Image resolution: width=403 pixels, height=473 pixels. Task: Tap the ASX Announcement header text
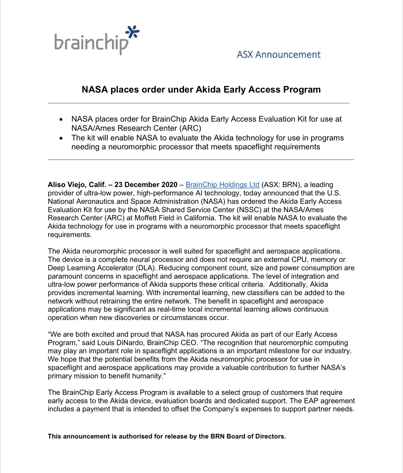(x=278, y=55)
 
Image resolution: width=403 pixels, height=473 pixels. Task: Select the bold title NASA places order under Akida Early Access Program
(x=201, y=89)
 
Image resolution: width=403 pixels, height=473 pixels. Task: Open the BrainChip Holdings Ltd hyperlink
(x=222, y=185)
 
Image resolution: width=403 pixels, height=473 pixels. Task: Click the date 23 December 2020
(x=146, y=185)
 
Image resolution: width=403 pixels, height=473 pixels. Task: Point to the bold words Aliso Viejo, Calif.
(x=77, y=185)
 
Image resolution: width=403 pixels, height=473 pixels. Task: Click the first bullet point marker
(x=61, y=120)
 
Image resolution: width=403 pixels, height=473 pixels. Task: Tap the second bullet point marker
(x=61, y=138)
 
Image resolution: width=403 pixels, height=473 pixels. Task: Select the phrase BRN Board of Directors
(x=248, y=436)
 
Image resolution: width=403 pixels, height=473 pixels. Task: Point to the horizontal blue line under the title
(x=199, y=103)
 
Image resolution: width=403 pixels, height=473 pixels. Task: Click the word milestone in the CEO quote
(x=294, y=351)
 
